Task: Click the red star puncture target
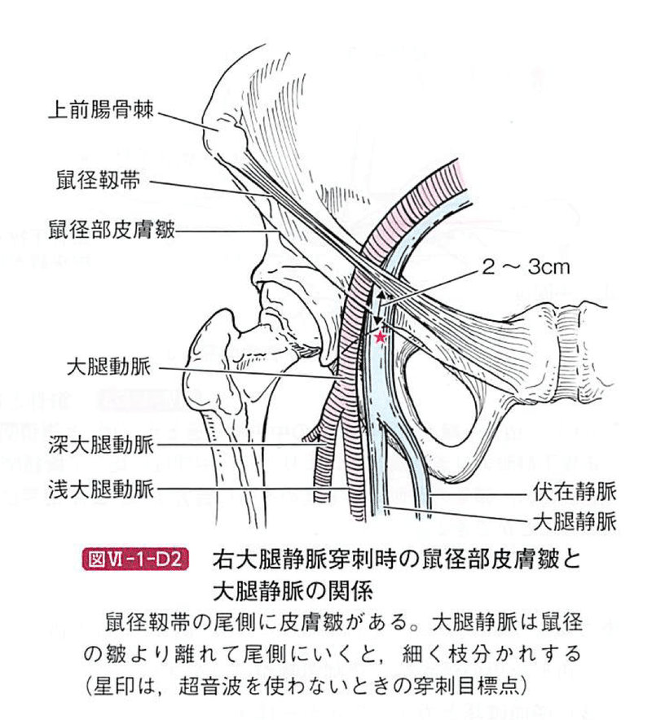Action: (379, 334)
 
